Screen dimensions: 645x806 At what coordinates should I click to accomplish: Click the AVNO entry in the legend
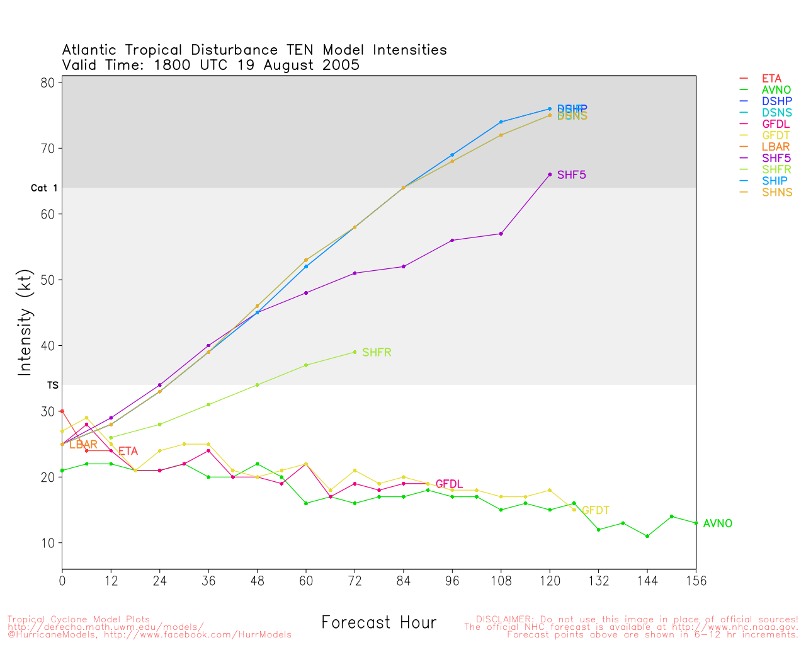tap(776, 90)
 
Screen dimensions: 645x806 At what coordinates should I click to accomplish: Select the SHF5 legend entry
tap(776, 158)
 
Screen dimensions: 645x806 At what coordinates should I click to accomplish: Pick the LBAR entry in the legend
tap(776, 147)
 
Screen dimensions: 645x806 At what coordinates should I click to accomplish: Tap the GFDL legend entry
tap(776, 124)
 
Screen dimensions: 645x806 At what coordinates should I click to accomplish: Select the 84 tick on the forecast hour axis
tap(404, 581)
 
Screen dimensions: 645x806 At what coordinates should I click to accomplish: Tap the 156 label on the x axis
tap(696, 581)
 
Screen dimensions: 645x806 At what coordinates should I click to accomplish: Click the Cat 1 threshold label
tap(44, 188)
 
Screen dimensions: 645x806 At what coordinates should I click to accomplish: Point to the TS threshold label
tap(52, 385)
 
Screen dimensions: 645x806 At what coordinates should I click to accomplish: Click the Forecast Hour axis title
tap(378, 622)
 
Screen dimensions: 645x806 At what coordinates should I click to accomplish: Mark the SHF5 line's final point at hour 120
tap(550, 174)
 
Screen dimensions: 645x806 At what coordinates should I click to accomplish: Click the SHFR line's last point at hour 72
tap(355, 352)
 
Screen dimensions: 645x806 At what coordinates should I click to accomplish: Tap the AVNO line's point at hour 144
tap(647, 536)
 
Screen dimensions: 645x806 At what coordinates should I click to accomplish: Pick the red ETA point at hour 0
tap(62, 411)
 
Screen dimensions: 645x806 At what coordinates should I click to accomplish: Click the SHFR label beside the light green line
tap(377, 353)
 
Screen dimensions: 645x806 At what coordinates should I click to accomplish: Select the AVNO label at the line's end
tap(717, 523)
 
